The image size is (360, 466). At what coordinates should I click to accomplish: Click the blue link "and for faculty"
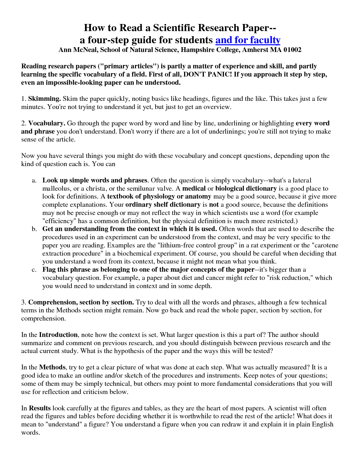(248, 40)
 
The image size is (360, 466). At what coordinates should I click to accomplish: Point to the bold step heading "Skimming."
(45, 99)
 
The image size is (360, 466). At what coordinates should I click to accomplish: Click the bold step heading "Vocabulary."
(47, 123)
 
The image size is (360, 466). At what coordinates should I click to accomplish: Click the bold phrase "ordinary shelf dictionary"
(163, 205)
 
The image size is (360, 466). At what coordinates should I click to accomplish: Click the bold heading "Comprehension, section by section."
(81, 302)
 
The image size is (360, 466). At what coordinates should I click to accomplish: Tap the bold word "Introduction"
(58, 335)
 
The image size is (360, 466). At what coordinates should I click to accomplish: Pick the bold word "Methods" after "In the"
(52, 367)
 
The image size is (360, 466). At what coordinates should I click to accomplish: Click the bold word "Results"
(40, 408)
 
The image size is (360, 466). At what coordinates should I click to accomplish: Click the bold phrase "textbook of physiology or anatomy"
(159, 197)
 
